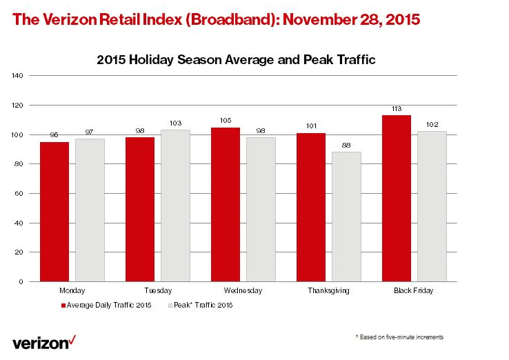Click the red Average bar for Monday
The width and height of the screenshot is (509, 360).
pyautogui.click(x=54, y=211)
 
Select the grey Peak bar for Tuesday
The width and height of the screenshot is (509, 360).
pyautogui.click(x=175, y=205)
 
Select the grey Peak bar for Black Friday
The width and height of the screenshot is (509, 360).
pyautogui.click(x=432, y=206)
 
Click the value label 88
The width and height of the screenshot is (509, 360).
pyautogui.click(x=346, y=146)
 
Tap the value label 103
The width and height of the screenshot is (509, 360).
pyautogui.click(x=175, y=123)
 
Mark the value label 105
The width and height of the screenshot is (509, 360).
pyautogui.click(x=225, y=121)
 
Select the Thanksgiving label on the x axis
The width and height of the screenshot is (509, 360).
pyautogui.click(x=328, y=291)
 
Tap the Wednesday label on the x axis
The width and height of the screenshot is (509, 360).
pyautogui.click(x=243, y=291)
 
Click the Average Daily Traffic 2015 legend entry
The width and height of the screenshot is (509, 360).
pyautogui.click(x=106, y=304)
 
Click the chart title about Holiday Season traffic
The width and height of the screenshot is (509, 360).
pyautogui.click(x=236, y=60)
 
